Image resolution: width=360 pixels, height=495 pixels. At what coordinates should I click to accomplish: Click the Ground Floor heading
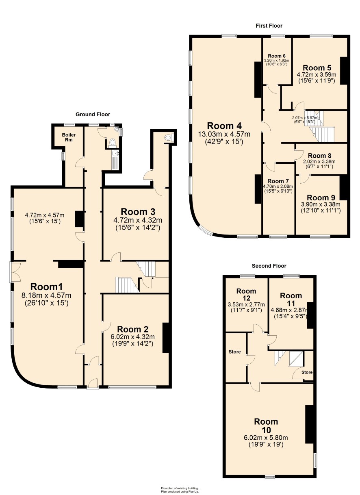pyautogui.click(x=93, y=114)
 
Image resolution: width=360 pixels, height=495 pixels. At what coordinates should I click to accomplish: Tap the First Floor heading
pyautogui.click(x=269, y=26)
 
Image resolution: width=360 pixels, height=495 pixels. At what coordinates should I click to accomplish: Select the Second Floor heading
pyautogui.click(x=269, y=266)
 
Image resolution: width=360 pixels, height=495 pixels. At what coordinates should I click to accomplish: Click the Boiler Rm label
pyautogui.click(x=69, y=137)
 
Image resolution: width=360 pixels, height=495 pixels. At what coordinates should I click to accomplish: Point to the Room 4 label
pyautogui.click(x=224, y=126)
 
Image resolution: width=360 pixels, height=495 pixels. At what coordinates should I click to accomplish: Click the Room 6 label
pyautogui.click(x=276, y=56)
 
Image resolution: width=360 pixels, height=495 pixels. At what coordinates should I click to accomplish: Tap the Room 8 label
pyautogui.click(x=319, y=156)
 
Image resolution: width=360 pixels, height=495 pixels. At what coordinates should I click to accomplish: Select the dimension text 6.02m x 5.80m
pyautogui.click(x=266, y=438)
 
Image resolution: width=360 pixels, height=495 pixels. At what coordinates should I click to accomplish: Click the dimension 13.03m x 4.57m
pyautogui.click(x=224, y=134)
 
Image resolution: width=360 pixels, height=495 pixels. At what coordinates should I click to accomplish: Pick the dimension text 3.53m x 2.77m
pyautogui.click(x=246, y=305)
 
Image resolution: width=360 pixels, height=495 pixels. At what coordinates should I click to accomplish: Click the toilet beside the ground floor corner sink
pyautogui.click(x=113, y=143)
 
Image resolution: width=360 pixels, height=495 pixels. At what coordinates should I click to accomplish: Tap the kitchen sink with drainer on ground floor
pyautogui.click(x=115, y=160)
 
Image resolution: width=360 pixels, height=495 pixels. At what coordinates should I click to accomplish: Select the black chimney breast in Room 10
pyautogui.click(x=309, y=424)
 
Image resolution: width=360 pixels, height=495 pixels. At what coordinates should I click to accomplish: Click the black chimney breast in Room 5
pyautogui.click(x=343, y=71)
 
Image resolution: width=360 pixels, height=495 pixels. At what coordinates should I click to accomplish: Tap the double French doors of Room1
pyautogui.click(x=15, y=272)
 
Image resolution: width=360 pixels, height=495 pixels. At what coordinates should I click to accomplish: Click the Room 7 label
pyautogui.click(x=278, y=181)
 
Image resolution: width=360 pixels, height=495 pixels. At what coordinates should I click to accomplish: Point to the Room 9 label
pyautogui.click(x=321, y=198)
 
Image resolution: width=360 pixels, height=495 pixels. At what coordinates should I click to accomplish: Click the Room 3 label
pyautogui.click(x=138, y=212)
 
